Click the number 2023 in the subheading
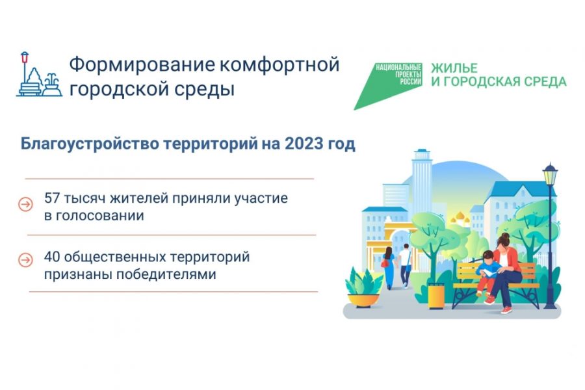click(303, 144)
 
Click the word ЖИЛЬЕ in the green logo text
click(454, 68)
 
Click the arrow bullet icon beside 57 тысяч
click(25, 204)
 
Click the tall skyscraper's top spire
click(421, 155)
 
